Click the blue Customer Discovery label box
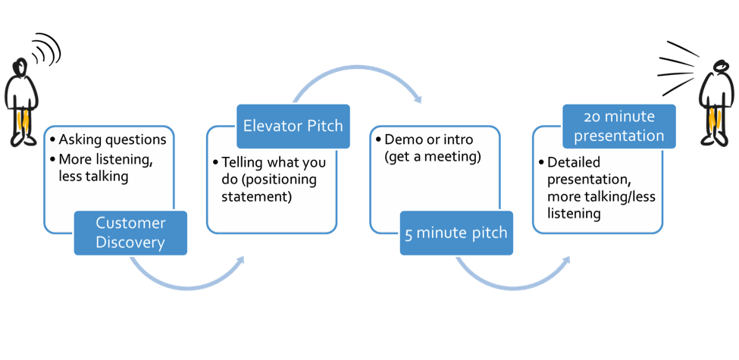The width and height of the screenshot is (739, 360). point(130,233)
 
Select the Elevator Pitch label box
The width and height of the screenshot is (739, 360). point(293,127)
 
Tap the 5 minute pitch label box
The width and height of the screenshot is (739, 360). point(456,233)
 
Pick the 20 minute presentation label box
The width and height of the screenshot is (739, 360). point(618,127)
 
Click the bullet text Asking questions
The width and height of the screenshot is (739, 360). point(113,140)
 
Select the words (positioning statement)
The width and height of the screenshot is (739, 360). point(269,187)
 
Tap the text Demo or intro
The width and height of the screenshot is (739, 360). point(428,139)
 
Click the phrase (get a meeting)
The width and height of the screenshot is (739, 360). point(433,156)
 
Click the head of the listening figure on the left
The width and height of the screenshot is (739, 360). point(20,66)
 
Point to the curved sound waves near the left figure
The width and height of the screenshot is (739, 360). point(47,49)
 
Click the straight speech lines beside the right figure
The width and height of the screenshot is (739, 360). point(676,68)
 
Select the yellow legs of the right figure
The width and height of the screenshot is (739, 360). point(716,121)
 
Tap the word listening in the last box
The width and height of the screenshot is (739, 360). point(574,214)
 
